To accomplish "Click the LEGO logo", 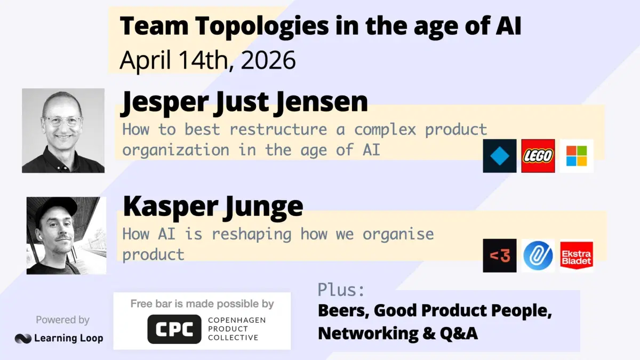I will tap(538, 156).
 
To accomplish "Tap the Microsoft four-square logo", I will tap(577, 156).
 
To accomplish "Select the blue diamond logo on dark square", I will tap(500, 156).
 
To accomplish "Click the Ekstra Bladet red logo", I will tap(577, 255).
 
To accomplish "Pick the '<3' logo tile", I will tap(500, 255).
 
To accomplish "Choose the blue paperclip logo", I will tap(538, 255).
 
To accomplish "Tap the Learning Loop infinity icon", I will tap(23, 338).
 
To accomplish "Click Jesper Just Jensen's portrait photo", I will tap(63, 131).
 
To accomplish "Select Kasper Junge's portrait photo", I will tap(66, 235).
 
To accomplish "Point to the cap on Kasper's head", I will tap(55, 209).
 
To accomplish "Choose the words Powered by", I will tap(62, 320).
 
